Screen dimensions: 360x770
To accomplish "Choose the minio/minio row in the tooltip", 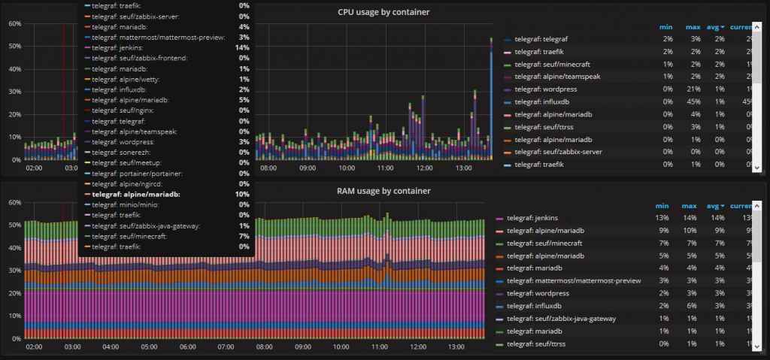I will (132, 204).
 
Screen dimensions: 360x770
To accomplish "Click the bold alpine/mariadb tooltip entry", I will (141, 194).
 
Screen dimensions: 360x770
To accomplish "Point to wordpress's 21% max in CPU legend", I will (693, 89).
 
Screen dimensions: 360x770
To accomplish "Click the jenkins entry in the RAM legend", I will (535, 218).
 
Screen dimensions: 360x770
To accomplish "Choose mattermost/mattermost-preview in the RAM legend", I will (574, 280).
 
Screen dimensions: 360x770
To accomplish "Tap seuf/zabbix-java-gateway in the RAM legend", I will (561, 319).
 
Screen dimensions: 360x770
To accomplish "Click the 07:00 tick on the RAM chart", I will (226, 348).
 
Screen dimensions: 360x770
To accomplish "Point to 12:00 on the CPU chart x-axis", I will (423, 168).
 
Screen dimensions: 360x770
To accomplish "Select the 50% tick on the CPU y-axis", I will (14, 46).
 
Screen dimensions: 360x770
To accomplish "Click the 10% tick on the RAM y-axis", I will (14, 315).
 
